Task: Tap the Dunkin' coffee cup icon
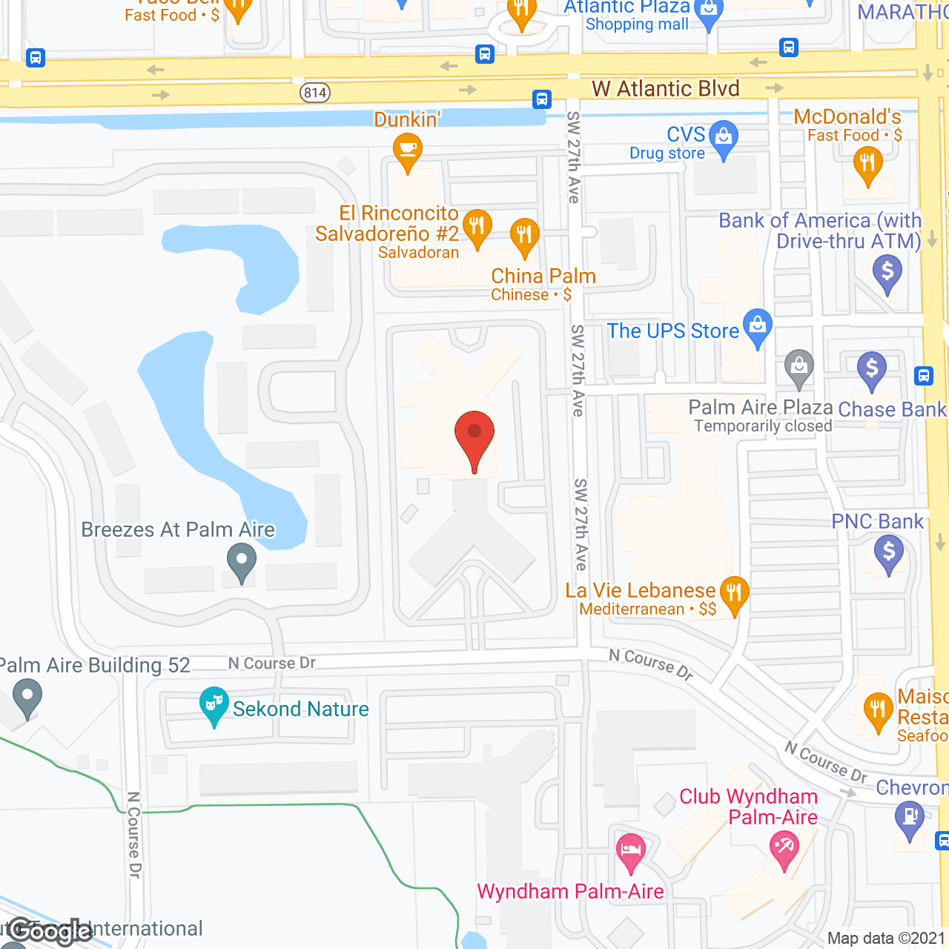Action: (407, 150)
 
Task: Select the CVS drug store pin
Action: (724, 138)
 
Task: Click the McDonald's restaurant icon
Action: (867, 164)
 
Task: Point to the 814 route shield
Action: (315, 93)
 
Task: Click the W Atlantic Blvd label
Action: (665, 89)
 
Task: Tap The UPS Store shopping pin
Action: (757, 326)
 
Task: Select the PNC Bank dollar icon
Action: (888, 553)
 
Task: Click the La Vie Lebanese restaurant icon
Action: (734, 594)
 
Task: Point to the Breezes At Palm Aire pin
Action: (241, 561)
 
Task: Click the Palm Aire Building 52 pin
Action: (27, 698)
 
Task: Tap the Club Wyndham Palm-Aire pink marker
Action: (784, 848)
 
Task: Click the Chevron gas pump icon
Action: (909, 819)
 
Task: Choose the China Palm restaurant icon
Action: (524, 236)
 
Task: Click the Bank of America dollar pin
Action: (887, 272)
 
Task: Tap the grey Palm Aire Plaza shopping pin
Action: (798, 367)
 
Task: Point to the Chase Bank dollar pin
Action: (871, 369)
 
